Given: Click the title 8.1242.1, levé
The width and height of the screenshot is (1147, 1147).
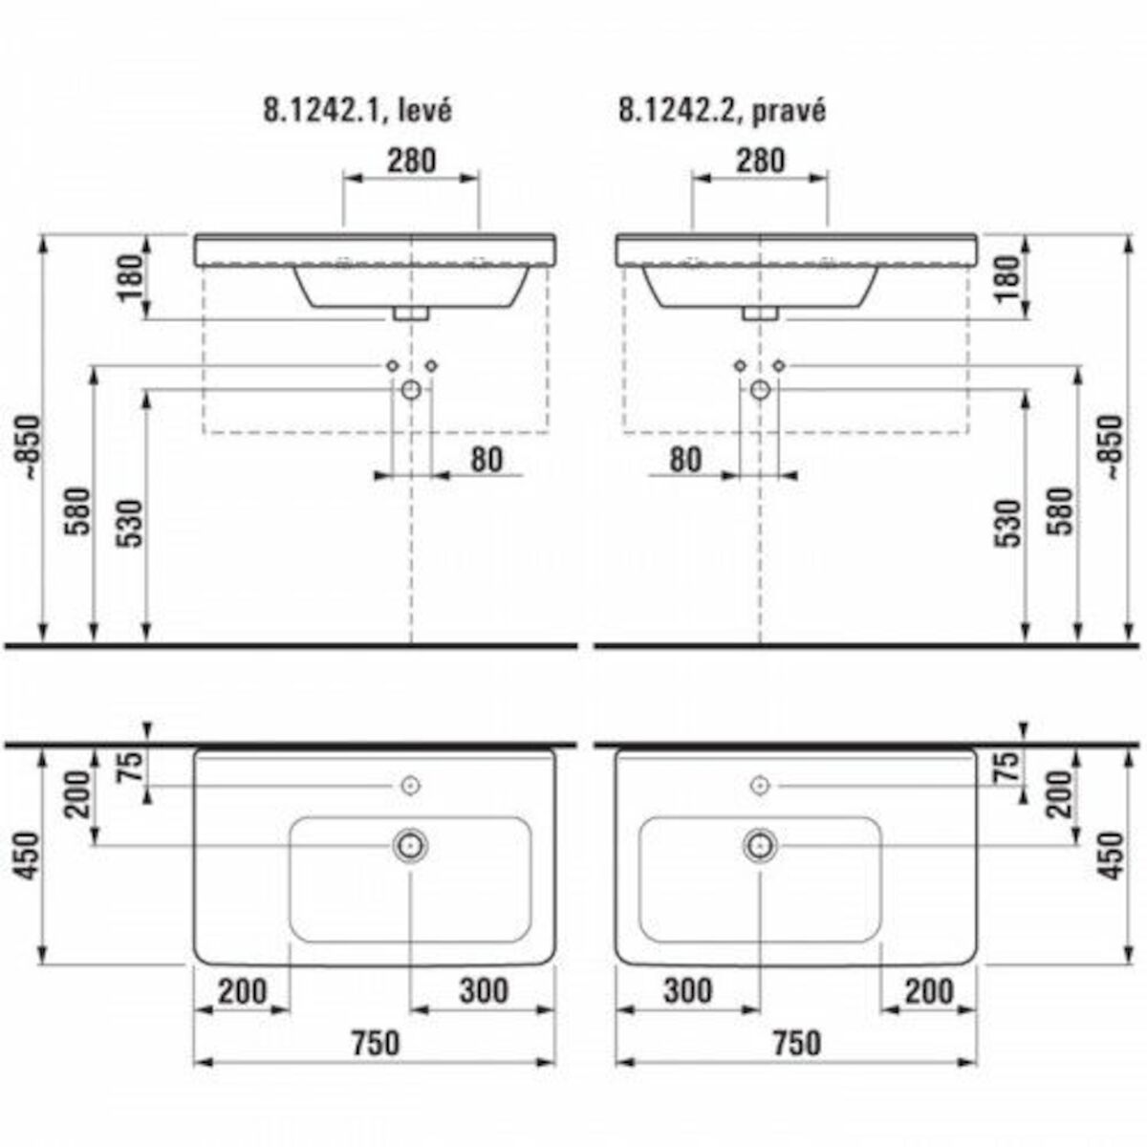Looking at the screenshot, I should point(357,110).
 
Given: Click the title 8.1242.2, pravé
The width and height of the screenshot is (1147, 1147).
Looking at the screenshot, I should point(722,110).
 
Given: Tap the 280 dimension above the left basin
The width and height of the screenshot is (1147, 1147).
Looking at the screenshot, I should point(410,160).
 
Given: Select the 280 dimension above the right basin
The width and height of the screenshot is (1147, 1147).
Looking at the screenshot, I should point(760,160).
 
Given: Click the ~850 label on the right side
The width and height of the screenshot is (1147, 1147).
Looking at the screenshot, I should point(1112,446).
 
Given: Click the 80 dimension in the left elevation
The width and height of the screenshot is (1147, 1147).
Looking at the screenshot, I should point(486,460).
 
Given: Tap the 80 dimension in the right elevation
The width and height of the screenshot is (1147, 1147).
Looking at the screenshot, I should point(684,460).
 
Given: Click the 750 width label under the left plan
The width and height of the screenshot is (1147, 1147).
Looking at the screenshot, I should point(374,1043).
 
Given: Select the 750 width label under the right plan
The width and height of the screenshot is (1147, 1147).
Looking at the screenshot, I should point(794,1043).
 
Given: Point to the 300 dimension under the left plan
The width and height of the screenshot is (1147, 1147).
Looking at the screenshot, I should point(484,991).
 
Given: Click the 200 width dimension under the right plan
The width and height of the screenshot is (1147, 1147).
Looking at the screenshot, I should point(929,991).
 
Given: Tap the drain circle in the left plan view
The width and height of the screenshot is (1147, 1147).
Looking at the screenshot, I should point(410,844).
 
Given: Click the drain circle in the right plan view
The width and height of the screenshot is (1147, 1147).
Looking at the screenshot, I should point(760,844).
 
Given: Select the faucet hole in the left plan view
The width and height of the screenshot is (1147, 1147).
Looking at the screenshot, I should point(410,785).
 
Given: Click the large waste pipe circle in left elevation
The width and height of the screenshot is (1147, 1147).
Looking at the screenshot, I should point(411,389).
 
